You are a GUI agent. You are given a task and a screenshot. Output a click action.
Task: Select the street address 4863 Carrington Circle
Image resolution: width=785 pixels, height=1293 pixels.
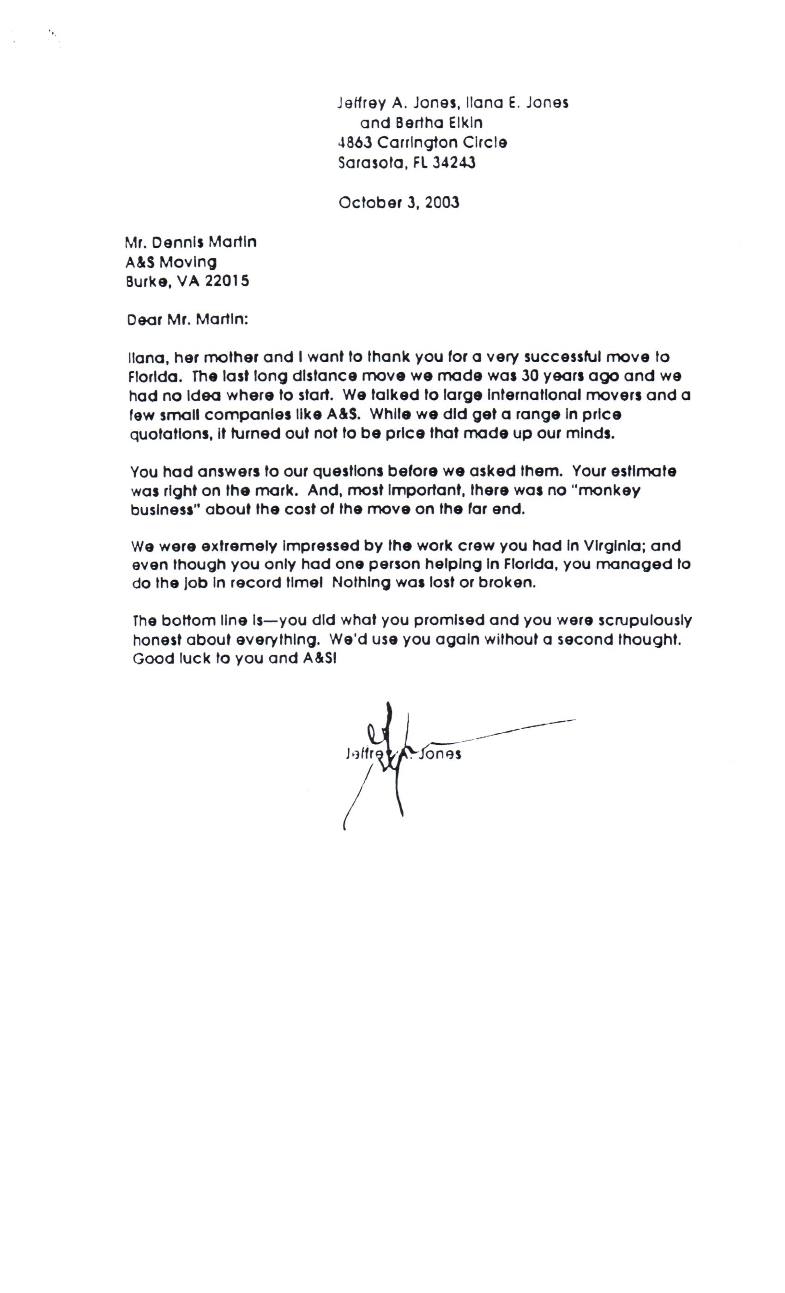[x=423, y=143]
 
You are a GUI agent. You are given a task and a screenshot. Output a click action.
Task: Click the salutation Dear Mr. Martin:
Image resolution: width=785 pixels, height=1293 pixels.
[x=187, y=320]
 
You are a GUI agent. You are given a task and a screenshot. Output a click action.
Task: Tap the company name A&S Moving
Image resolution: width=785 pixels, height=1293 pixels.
[x=171, y=262]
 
